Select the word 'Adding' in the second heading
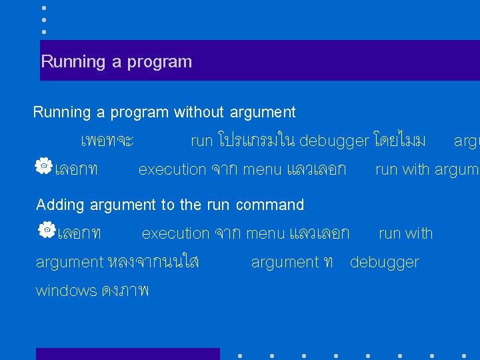pos(60,205)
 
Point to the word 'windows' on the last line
pos(66,291)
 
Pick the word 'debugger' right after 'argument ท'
pos(384,262)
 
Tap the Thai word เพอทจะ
pos(107,141)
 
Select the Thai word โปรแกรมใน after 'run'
pos(256,141)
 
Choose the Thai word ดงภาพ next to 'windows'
pos(125,291)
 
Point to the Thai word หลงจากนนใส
pos(153,262)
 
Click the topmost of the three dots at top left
pos(44,8)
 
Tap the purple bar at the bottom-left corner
pos(127,354)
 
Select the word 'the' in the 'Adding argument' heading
pos(190,205)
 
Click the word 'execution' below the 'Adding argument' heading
pos(175,233)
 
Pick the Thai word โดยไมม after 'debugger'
pos(399,141)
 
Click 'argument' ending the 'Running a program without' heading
pos(263,112)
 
